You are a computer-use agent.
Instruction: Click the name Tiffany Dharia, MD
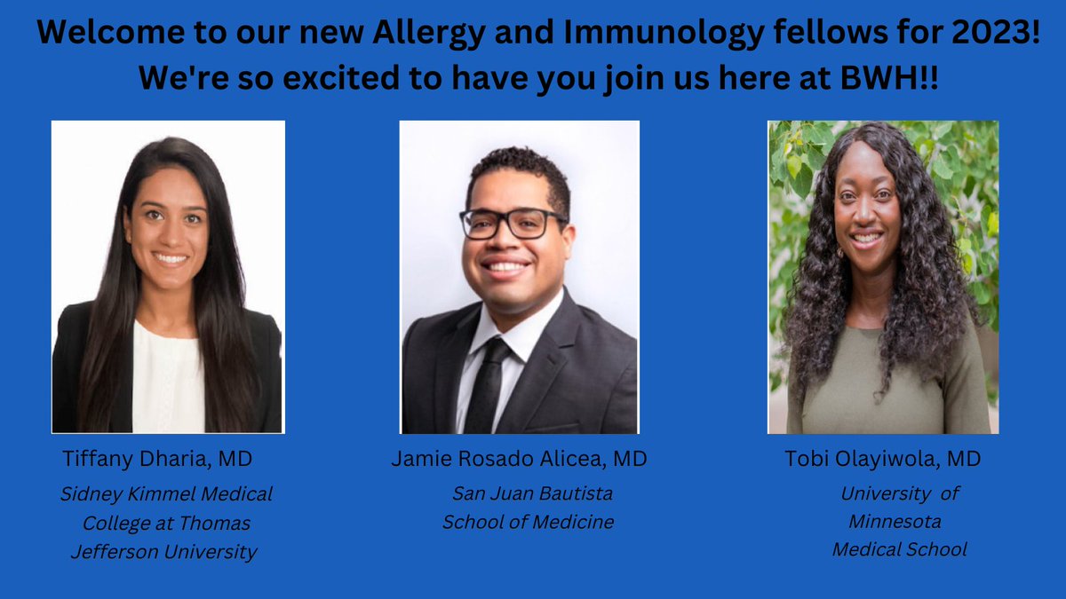[x=157, y=459]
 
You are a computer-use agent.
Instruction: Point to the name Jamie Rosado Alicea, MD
[x=519, y=459]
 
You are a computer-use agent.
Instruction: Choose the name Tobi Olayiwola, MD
[x=883, y=459]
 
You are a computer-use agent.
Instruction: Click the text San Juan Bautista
[x=532, y=493]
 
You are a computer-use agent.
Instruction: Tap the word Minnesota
[x=895, y=521]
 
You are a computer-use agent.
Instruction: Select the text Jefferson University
[x=163, y=552]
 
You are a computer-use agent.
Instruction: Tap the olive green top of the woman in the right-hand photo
[x=888, y=390]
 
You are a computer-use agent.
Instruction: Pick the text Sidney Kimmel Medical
[x=166, y=494]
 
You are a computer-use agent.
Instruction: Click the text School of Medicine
[x=529, y=522]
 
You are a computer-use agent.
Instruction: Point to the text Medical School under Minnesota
[x=899, y=550]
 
